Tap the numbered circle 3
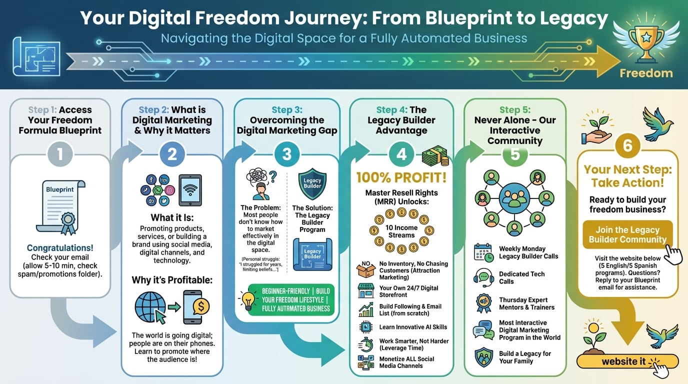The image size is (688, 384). click(286, 154)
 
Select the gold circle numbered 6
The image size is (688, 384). click(627, 145)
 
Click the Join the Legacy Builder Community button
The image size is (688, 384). click(627, 234)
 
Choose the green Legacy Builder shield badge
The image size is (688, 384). click(312, 183)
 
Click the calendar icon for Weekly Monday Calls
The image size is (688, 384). click(483, 252)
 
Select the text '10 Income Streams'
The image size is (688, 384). click(401, 231)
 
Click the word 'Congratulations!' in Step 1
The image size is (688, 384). click(60, 248)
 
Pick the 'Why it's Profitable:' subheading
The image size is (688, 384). click(172, 280)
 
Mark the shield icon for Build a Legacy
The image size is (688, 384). click(483, 357)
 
